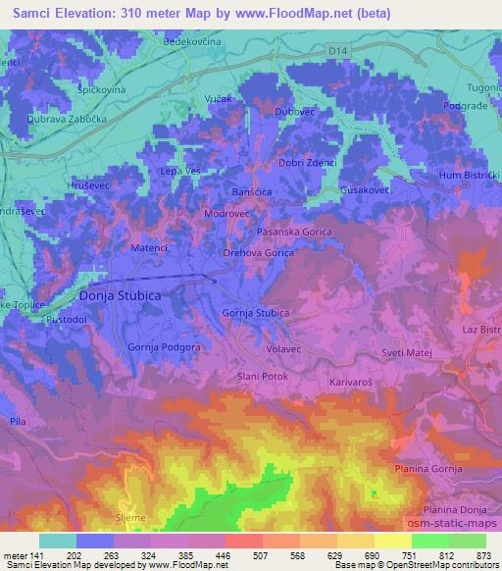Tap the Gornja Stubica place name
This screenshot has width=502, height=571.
[x=256, y=313]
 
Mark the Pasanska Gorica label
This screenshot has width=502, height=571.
[x=292, y=232]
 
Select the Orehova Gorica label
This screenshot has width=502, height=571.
[x=258, y=252]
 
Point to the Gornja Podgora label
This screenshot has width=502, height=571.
[x=165, y=347]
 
